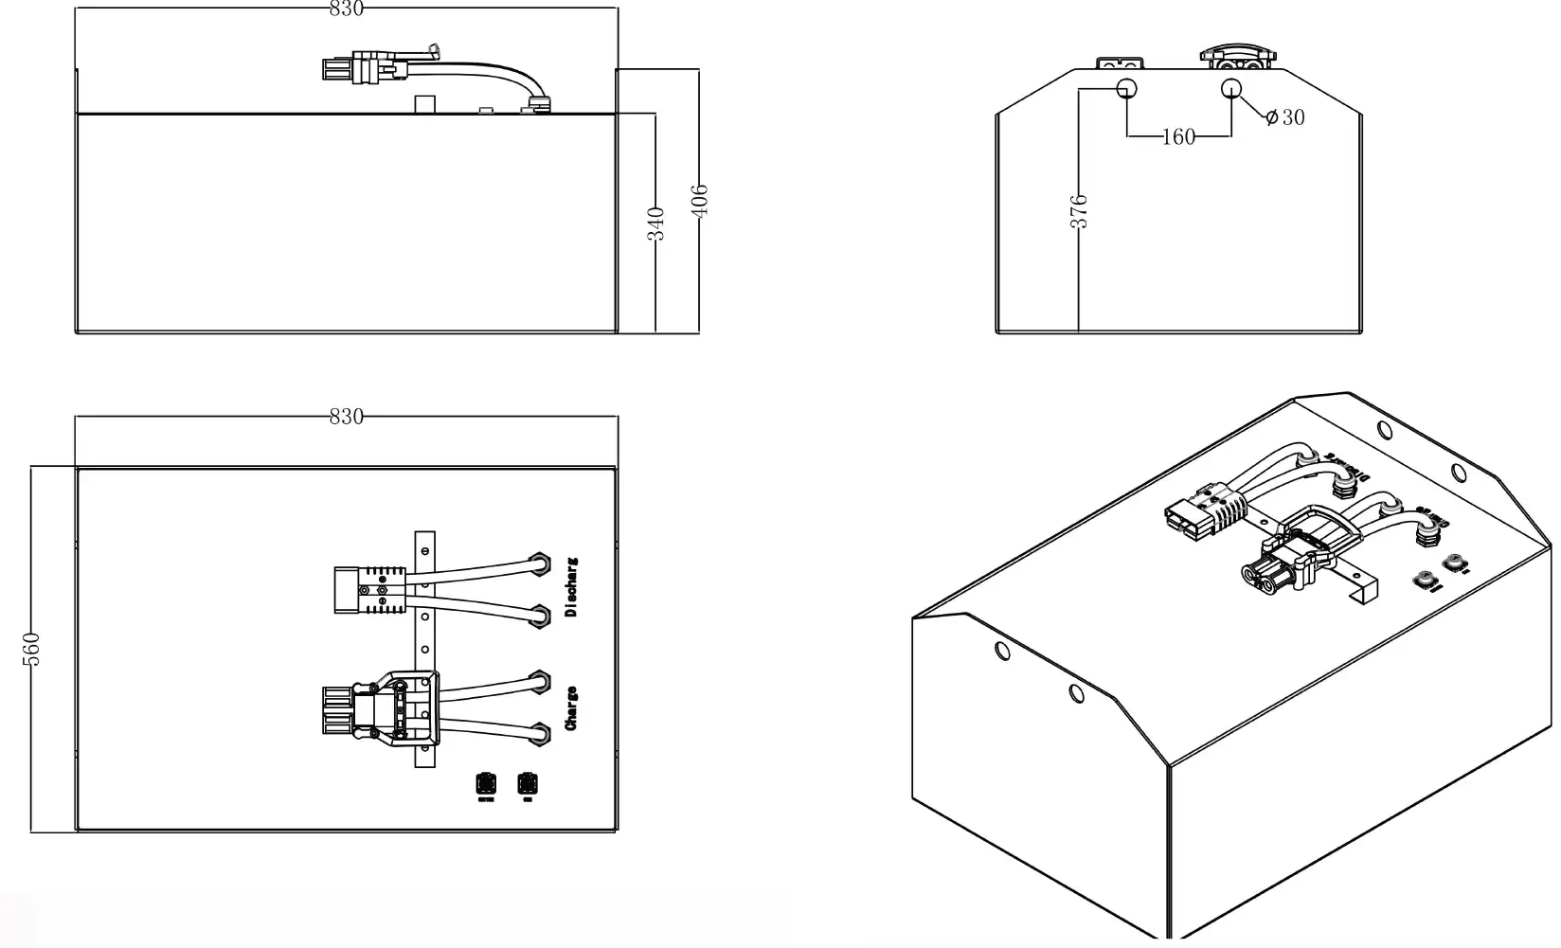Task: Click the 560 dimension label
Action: [x=31, y=649]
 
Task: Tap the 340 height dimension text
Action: [x=656, y=223]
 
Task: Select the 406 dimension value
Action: [x=700, y=201]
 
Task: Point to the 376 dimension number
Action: [x=1079, y=210]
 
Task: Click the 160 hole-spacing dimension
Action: [x=1178, y=137]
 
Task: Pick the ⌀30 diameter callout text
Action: [x=1285, y=117]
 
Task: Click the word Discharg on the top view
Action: [x=571, y=587]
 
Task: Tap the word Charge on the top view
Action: [x=571, y=708]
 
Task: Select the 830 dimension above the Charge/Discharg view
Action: [x=346, y=417]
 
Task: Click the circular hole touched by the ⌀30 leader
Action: [x=1230, y=89]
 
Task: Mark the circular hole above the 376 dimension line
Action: [x=1127, y=89]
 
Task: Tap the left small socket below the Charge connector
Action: [x=486, y=784]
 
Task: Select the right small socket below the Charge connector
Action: [x=527, y=784]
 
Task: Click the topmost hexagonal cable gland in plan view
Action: [x=540, y=563]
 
